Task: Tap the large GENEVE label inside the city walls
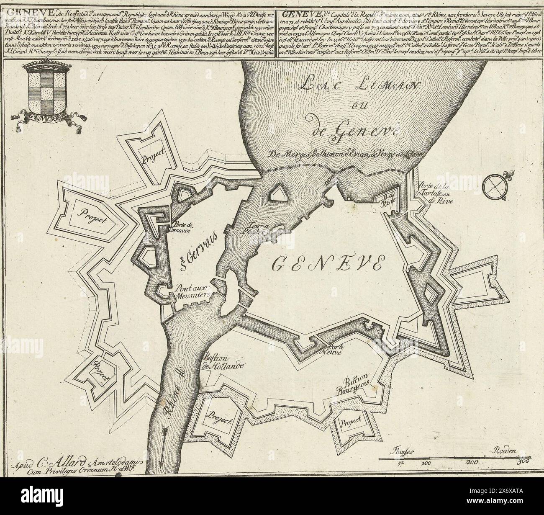(x=328, y=263)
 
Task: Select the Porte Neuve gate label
(x=340, y=350)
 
